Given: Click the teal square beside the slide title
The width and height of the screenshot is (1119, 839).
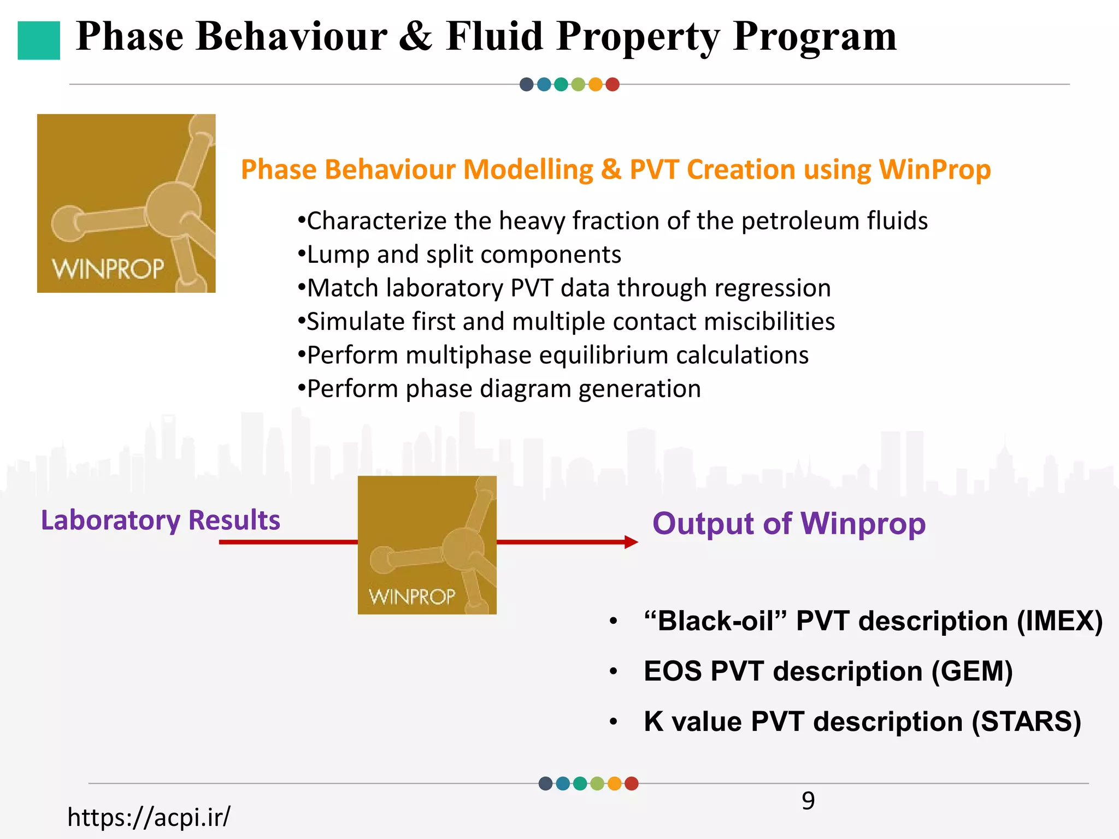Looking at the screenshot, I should (x=39, y=40).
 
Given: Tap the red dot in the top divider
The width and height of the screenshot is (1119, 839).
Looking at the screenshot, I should (x=612, y=85).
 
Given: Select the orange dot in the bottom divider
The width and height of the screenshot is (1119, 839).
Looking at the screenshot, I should (x=614, y=784).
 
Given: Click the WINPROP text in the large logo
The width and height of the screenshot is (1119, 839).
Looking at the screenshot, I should (x=108, y=269).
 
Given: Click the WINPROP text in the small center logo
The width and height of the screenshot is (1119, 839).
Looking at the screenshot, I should (x=412, y=596).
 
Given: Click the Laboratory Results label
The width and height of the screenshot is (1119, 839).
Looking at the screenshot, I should (x=161, y=520).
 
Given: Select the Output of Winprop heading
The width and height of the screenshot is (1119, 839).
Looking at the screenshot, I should (x=788, y=523).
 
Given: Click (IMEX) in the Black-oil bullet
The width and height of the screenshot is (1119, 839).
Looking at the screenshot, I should (x=1059, y=621).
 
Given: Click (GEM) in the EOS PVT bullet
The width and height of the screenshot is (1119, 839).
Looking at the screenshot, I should (x=972, y=671).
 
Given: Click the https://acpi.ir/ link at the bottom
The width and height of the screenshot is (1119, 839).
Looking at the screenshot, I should (x=149, y=817).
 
